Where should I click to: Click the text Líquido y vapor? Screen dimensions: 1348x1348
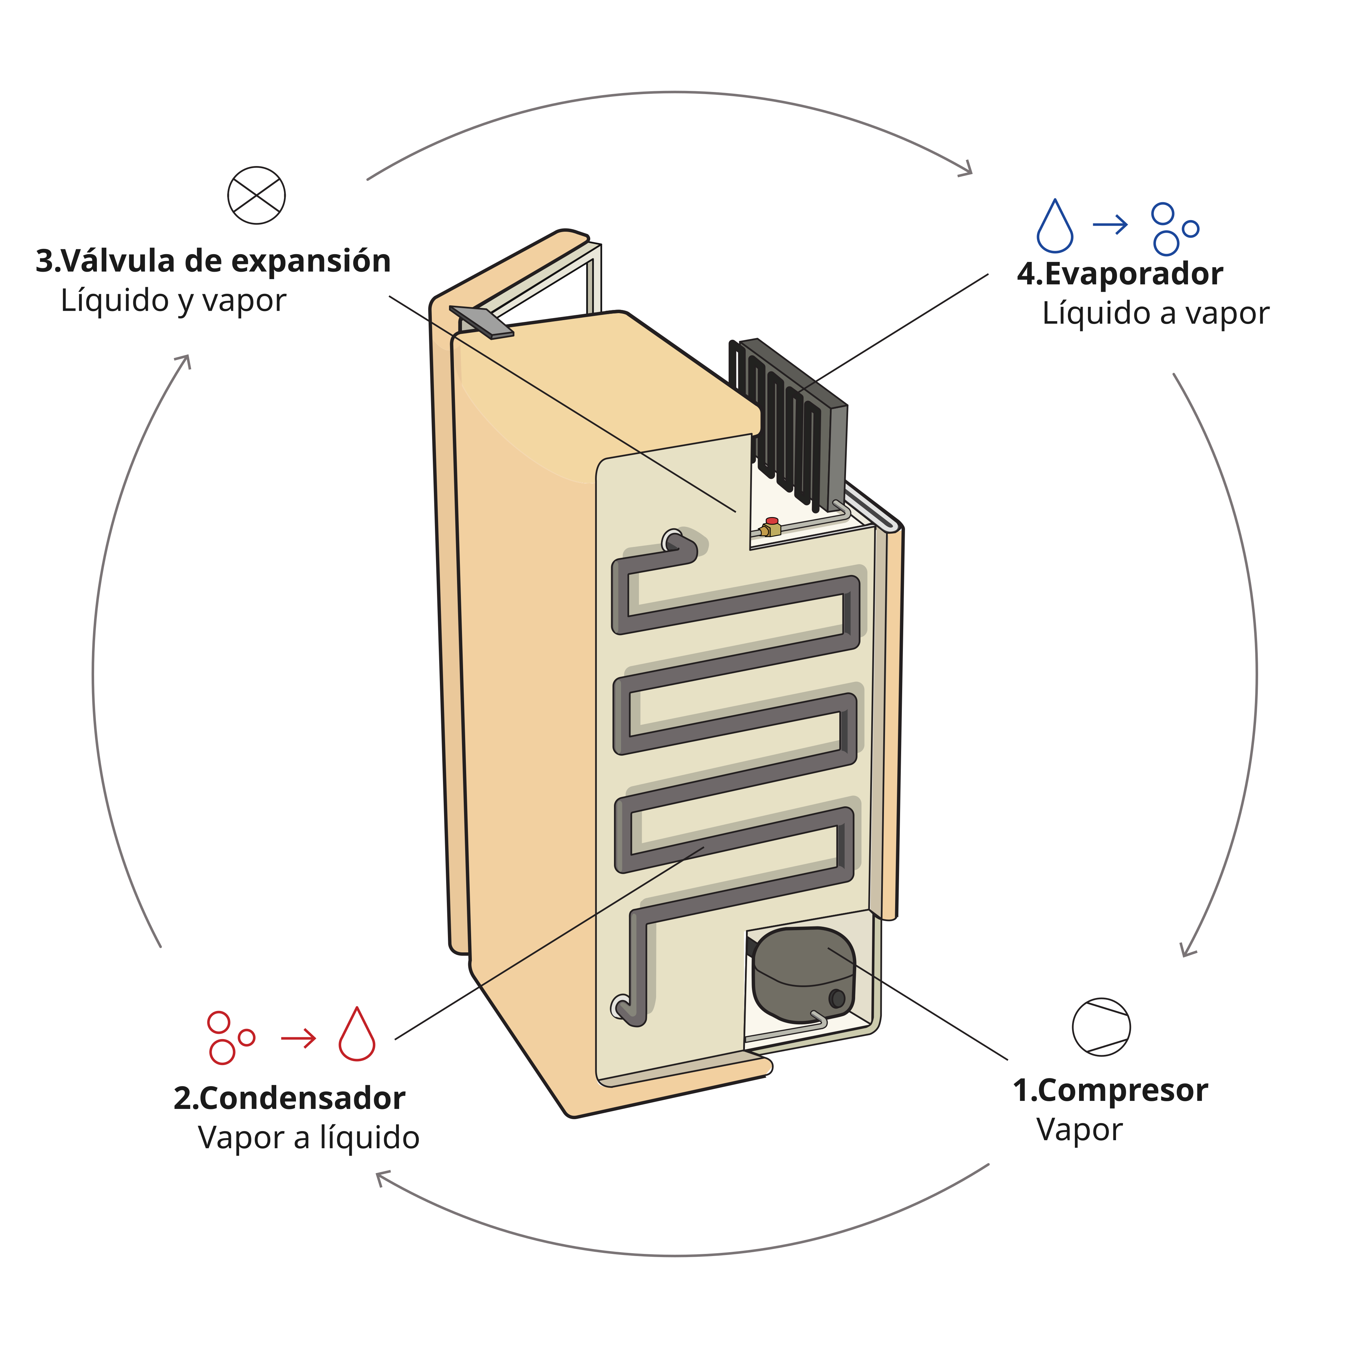click(x=173, y=301)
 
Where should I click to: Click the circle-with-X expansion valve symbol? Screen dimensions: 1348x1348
click(x=257, y=196)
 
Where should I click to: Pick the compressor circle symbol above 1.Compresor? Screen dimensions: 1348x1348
click(x=1101, y=1026)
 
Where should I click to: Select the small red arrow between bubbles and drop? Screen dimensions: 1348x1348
click(x=299, y=1039)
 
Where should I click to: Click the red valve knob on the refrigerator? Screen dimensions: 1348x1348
click(x=772, y=521)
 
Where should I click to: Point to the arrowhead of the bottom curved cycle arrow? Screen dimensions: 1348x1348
click(x=382, y=1178)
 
